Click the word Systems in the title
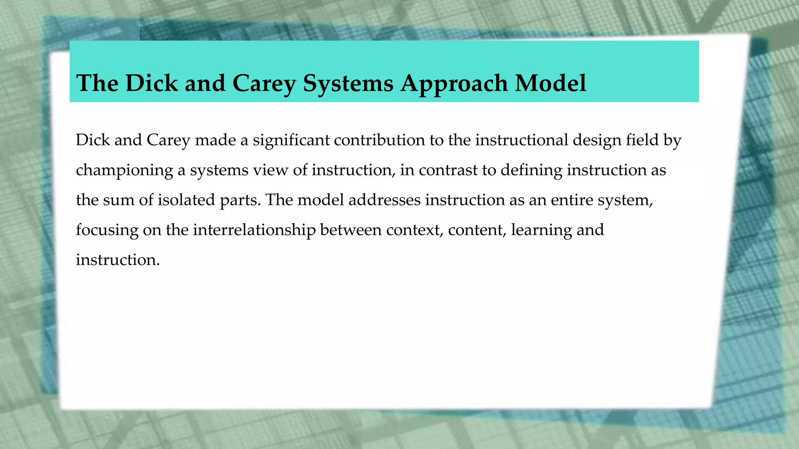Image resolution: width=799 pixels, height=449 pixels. pos(348,83)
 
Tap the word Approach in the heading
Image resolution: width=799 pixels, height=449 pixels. pos(454,83)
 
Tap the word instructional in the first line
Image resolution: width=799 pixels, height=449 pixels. pos(522,140)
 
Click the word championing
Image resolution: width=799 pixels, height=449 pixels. pos(124,170)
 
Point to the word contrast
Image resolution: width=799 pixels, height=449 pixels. pos(448,170)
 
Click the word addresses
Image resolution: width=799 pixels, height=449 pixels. pos(384,200)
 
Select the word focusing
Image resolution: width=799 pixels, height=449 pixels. pos(107,230)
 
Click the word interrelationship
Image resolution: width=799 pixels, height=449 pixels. pos(254,230)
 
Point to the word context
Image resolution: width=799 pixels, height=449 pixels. pos(415,230)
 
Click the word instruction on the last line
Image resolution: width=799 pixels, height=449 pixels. pos(117,260)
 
